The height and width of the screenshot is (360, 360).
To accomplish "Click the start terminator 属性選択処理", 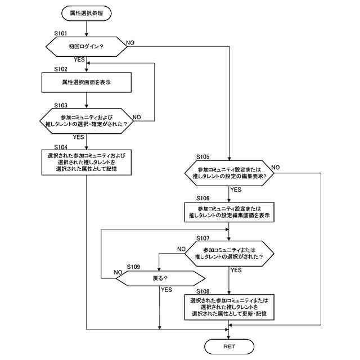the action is tap(86, 13).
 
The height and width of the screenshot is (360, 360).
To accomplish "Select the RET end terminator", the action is tap(229, 346).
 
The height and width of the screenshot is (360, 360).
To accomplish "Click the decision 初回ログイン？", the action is tap(86, 47).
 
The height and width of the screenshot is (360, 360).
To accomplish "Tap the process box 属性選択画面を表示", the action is tap(86, 83).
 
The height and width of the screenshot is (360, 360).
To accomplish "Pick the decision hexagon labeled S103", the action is tap(86, 121).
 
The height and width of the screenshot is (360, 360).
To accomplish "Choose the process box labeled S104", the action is tap(86, 163).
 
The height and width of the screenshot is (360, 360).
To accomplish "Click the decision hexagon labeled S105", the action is tap(229, 173).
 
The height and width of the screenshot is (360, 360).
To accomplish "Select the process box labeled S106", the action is tap(229, 212).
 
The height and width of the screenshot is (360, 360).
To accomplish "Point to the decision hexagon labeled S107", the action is tap(229, 254).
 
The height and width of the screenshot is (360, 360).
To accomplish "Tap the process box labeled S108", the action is tap(229, 307).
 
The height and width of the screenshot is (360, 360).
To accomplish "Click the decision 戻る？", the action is tap(160, 278).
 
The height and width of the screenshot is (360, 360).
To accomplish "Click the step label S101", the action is tap(61, 34).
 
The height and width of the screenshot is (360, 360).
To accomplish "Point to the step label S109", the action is tap(133, 267).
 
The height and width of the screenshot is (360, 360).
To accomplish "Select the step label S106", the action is tap(203, 198).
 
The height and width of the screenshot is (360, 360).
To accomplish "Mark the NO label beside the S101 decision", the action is tap(130, 43).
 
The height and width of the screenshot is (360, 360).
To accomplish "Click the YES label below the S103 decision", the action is tap(78, 137).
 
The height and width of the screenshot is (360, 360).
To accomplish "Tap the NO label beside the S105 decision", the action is tap(276, 168).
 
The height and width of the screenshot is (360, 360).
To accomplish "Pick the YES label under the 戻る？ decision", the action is tap(166, 290).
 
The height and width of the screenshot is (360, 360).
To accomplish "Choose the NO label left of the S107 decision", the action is tap(181, 249).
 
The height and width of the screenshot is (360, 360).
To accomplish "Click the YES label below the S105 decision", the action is tap(236, 190).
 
